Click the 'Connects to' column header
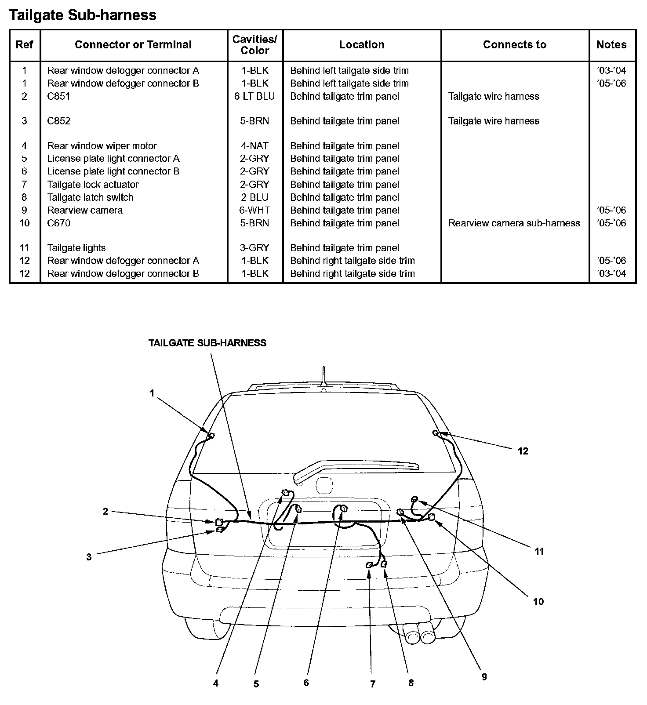[514, 45]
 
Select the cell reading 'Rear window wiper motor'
[102, 146]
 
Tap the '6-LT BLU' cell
[254, 96]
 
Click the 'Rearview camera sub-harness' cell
[514, 223]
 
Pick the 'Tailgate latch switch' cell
[90, 197]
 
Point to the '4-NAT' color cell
[254, 146]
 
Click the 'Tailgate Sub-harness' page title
[83, 15]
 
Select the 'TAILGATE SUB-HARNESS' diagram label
[207, 343]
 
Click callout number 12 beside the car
[523, 451]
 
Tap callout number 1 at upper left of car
[152, 393]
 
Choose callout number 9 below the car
[484, 677]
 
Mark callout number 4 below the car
[216, 683]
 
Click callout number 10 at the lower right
[538, 602]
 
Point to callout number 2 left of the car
[105, 512]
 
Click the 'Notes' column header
[611, 45]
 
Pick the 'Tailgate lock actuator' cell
[93, 185]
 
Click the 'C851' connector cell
[58, 96]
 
